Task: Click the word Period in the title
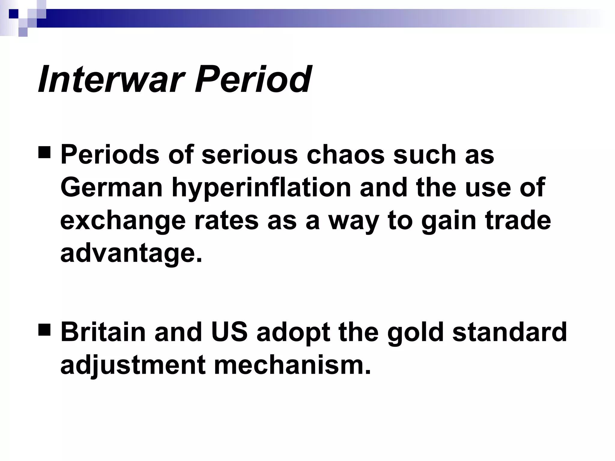pos(253,80)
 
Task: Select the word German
pos(111,188)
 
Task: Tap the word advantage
pos(131,254)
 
